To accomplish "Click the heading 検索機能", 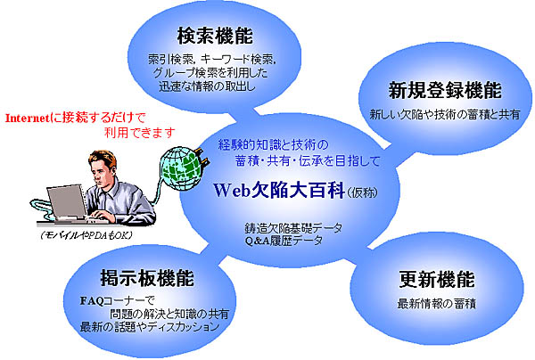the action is pyautogui.click(x=215, y=36).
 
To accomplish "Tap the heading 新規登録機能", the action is pyautogui.click(x=445, y=90).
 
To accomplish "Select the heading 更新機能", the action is pyautogui.click(x=437, y=279).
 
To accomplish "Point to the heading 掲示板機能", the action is pyautogui.click(x=147, y=278).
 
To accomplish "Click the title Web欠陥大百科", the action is pyautogui.click(x=279, y=190).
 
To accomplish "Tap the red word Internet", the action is pyautogui.click(x=28, y=119).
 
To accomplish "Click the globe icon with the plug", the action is pyautogui.click(x=184, y=168).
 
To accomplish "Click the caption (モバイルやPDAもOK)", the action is pyautogui.click(x=86, y=235).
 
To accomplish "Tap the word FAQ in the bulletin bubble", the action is pyautogui.click(x=92, y=300).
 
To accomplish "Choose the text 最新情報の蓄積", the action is pyautogui.click(x=436, y=303).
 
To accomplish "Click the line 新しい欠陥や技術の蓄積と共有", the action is pyautogui.click(x=445, y=114).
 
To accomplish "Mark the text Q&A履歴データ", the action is pyautogui.click(x=284, y=241).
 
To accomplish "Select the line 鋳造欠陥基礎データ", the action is pyautogui.click(x=293, y=228).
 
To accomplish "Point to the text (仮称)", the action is pyautogui.click(x=362, y=192).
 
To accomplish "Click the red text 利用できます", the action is pyautogui.click(x=140, y=132).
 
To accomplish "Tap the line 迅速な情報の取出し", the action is pyautogui.click(x=207, y=86).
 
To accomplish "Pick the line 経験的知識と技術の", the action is pyautogui.click(x=273, y=145).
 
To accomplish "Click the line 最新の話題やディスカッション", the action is pyautogui.click(x=150, y=327).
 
